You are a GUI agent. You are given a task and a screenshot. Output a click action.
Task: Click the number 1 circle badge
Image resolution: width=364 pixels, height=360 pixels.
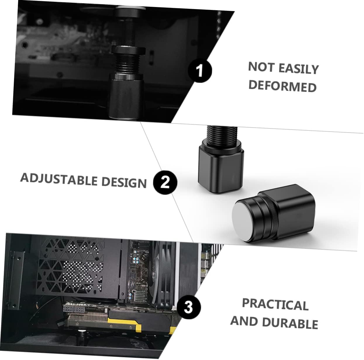click(200, 70)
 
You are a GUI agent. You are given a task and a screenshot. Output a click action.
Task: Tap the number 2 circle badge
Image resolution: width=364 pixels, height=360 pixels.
click(165, 182)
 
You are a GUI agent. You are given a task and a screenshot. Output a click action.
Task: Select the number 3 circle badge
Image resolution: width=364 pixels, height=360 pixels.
click(189, 307)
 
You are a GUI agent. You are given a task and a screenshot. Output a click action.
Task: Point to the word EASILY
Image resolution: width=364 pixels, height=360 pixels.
click(298, 68)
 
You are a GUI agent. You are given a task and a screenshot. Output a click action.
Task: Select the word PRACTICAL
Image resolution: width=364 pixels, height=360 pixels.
click(275, 304)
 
